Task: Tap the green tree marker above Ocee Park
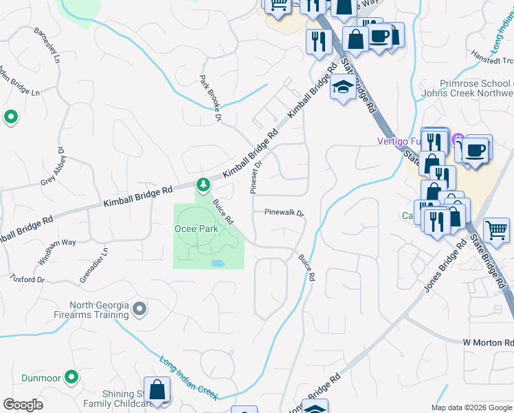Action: click(x=203, y=184)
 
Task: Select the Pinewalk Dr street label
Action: click(x=284, y=213)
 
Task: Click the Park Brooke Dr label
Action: click(x=210, y=99)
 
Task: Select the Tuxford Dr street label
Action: click(x=27, y=279)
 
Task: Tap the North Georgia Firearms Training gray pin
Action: click(x=139, y=309)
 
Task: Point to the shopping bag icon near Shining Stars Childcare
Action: click(x=157, y=390)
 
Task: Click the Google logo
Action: click(x=23, y=405)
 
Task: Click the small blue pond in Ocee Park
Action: click(x=218, y=264)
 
